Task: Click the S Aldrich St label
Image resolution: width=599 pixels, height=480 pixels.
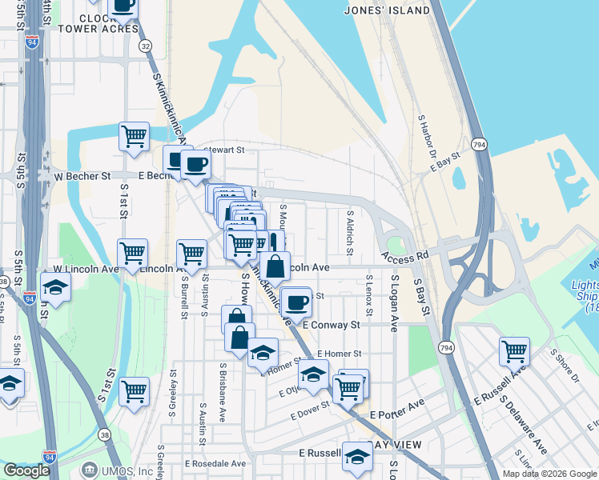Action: (x=350, y=229)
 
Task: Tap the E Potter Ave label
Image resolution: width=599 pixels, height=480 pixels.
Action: (x=398, y=411)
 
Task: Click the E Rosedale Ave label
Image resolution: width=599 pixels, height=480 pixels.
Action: (x=215, y=463)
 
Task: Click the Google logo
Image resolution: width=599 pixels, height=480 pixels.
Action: (x=26, y=470)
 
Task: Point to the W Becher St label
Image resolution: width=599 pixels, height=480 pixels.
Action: (x=82, y=175)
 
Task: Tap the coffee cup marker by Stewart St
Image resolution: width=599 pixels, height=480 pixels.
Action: (x=195, y=166)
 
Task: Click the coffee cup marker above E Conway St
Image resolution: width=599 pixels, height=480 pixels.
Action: (x=296, y=302)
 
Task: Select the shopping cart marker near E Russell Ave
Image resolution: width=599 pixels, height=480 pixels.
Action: (x=514, y=350)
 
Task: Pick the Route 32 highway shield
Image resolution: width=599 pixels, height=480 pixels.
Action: (x=144, y=46)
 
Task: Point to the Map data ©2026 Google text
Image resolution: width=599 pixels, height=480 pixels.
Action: (x=548, y=474)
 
